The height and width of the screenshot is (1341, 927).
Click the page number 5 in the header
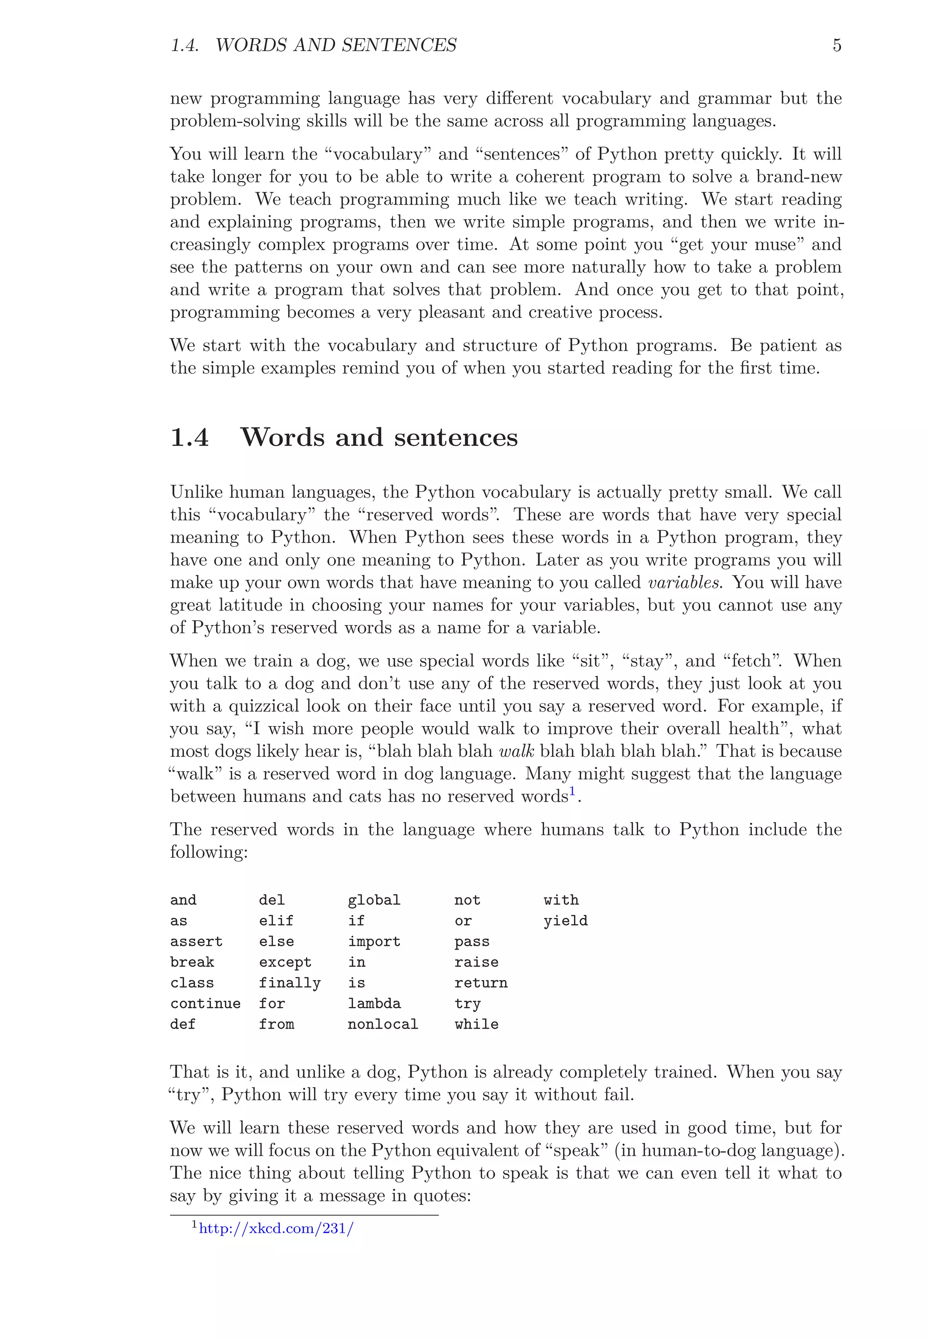[x=836, y=45]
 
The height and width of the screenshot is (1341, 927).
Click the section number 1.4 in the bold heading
[x=189, y=437]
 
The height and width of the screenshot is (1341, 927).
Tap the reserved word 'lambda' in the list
[x=374, y=1003]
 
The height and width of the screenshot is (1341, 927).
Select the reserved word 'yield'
[x=565, y=921]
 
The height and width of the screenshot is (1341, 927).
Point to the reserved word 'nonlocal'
[x=383, y=1025]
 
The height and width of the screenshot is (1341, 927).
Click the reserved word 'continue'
[x=205, y=1003]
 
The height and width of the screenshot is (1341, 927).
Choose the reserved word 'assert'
[x=196, y=941]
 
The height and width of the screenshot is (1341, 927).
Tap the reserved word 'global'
[x=374, y=900]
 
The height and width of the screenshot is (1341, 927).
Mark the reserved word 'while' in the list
[x=476, y=1025]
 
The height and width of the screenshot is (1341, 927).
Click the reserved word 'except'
[x=285, y=962]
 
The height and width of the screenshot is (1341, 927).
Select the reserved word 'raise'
[x=476, y=962]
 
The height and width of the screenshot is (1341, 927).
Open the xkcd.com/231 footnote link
[x=276, y=1228]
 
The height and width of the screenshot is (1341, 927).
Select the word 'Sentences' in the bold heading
[x=455, y=437]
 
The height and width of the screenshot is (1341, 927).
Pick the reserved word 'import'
[x=374, y=941]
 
